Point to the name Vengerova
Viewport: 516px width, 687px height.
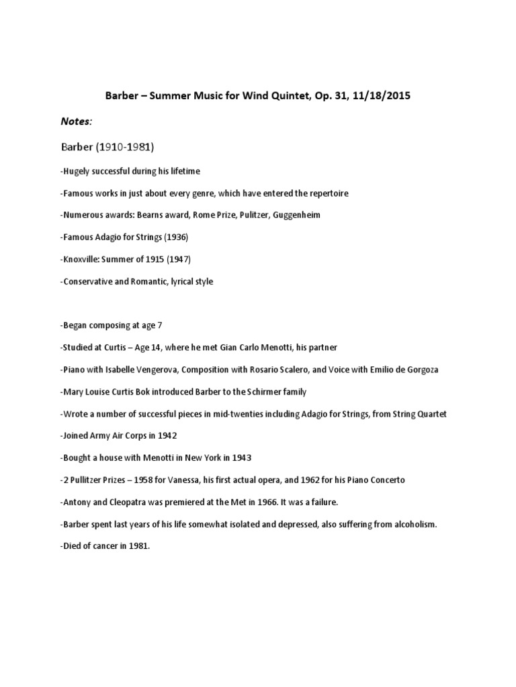click(161, 370)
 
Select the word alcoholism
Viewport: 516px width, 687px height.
click(413, 525)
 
